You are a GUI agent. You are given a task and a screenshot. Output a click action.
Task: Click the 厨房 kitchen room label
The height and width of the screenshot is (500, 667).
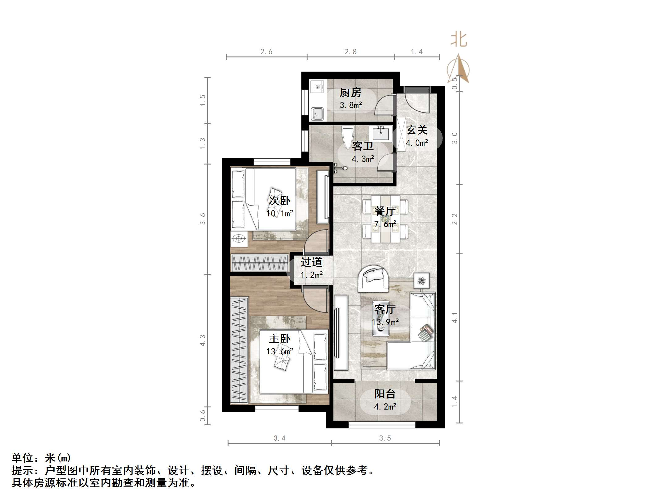pyautogui.click(x=350, y=93)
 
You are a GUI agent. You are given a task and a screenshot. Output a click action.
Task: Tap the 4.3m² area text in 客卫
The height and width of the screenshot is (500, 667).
pyautogui.click(x=363, y=159)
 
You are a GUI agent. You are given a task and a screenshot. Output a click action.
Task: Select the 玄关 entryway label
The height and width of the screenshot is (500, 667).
pyautogui.click(x=417, y=130)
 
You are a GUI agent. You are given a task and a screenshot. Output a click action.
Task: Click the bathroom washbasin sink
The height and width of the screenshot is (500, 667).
pyautogui.click(x=381, y=133)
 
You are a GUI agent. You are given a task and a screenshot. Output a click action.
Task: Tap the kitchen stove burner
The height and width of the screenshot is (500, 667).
pyautogui.click(x=318, y=86)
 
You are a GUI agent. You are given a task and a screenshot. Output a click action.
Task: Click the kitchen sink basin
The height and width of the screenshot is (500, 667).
pyautogui.click(x=317, y=113)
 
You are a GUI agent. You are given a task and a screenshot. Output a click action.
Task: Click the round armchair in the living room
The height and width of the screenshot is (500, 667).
pyautogui.click(x=373, y=278)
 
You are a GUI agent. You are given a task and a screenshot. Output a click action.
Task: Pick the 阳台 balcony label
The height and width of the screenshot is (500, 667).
pyautogui.click(x=385, y=394)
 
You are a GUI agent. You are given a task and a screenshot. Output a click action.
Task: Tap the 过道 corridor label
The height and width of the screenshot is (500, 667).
pyautogui.click(x=312, y=262)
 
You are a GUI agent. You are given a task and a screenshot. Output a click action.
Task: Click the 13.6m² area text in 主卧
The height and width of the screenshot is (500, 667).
pyautogui.click(x=279, y=352)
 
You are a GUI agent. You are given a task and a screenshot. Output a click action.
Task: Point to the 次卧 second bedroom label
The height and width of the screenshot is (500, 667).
pyautogui.click(x=279, y=201)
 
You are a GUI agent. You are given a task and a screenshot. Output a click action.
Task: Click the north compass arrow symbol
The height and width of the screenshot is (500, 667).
pyautogui.click(x=459, y=69)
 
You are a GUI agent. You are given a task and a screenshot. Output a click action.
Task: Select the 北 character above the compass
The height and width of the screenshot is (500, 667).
pyautogui.click(x=459, y=40)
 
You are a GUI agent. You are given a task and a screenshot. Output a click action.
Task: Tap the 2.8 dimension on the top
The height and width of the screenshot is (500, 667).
pyautogui.click(x=350, y=52)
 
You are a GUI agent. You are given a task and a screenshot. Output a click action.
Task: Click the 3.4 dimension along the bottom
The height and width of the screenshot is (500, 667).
pyautogui.click(x=279, y=438)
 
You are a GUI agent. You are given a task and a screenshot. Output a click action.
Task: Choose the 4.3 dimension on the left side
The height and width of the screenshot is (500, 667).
pyautogui.click(x=202, y=340)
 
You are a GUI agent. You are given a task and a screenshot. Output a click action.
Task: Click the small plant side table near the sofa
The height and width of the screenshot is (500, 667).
pyautogui.click(x=422, y=281)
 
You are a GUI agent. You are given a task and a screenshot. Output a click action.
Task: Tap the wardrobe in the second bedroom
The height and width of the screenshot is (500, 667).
pyautogui.click(x=259, y=263)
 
